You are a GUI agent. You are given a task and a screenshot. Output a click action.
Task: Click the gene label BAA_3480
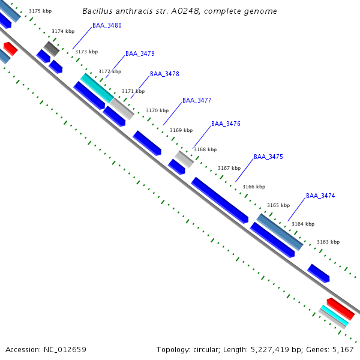[x=107, y=25]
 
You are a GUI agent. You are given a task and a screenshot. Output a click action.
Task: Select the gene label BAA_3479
[x=140, y=53]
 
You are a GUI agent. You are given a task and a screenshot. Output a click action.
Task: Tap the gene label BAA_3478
[x=164, y=74]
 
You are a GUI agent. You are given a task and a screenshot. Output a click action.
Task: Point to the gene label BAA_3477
[x=197, y=100]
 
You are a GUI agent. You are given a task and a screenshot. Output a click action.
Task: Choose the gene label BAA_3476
[x=226, y=124]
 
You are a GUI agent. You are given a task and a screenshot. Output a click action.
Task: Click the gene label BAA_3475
[x=268, y=157]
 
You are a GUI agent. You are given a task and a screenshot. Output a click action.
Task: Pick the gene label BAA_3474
[x=320, y=196]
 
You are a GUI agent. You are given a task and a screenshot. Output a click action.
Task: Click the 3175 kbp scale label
[x=40, y=11]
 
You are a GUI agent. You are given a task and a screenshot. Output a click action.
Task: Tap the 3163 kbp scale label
[x=328, y=242]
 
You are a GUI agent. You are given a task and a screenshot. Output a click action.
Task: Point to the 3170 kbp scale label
[x=157, y=110]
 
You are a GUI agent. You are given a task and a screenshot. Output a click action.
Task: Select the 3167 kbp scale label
[x=229, y=168]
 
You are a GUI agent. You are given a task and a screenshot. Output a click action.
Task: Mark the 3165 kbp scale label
[x=278, y=205]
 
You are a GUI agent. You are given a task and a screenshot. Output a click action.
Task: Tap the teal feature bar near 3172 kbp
[x=97, y=88]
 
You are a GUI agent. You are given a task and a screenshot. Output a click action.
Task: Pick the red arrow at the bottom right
[x=340, y=308]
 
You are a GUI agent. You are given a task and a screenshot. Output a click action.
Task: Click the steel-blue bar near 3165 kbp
[x=280, y=232]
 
